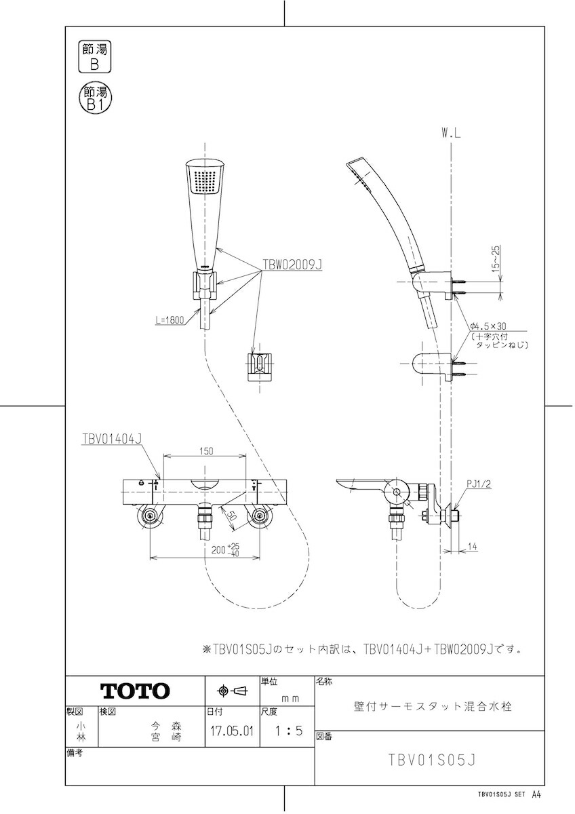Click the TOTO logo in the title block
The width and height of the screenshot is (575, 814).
click(x=135, y=691)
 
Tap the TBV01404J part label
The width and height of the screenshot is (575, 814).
click(x=111, y=439)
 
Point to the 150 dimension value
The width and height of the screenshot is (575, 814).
click(x=206, y=451)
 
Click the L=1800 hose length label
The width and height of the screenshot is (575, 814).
click(x=170, y=320)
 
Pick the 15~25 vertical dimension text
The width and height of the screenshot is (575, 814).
click(x=496, y=257)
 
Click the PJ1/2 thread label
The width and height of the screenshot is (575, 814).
click(x=479, y=484)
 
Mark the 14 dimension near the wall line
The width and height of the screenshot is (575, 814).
click(x=472, y=546)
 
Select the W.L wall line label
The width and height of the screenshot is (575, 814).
click(x=451, y=134)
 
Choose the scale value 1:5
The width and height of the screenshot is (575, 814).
click(x=288, y=731)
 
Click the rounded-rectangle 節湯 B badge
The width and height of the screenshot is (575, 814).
click(x=94, y=57)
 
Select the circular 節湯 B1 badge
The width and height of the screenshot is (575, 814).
click(x=95, y=99)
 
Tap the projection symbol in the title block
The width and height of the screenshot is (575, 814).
click(x=233, y=691)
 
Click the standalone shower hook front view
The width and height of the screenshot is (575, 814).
click(x=260, y=368)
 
